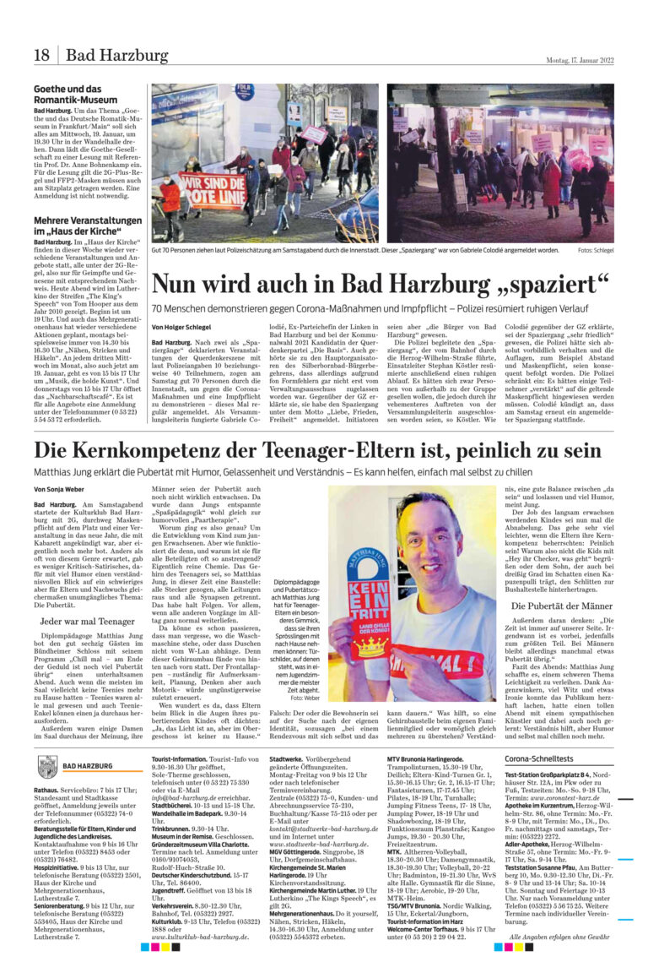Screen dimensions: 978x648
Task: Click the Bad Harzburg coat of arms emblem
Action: (48, 766)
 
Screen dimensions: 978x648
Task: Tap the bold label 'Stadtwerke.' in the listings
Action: (286, 759)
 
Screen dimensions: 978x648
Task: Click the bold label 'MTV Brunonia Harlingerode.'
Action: (427, 759)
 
